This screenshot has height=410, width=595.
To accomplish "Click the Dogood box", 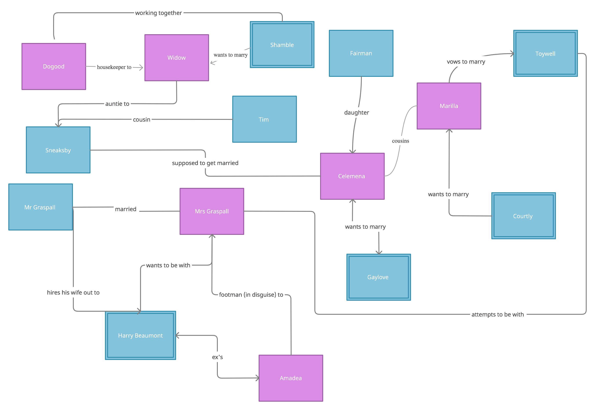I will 54,67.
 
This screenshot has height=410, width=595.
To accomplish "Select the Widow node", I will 177,58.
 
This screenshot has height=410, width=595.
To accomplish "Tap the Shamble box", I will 282,45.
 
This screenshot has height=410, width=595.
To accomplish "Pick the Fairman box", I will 361,53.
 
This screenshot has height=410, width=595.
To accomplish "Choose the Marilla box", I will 449,106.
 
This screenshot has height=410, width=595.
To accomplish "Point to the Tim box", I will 264,119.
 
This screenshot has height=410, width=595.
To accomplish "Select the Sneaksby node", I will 58,150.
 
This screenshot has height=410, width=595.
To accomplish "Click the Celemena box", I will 352,176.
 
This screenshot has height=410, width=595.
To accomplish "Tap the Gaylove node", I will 378,277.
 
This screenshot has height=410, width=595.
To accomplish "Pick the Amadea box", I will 290,378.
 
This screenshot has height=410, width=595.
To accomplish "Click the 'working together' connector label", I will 158,13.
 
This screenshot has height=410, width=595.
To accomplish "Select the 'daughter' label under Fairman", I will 356,113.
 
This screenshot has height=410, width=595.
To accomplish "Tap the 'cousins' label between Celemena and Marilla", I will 400,141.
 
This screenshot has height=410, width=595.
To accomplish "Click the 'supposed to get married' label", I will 205,163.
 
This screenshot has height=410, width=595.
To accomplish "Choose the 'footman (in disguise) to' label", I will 251,295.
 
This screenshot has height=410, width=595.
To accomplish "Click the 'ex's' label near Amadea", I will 217,357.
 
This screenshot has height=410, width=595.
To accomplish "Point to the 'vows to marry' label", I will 466,62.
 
